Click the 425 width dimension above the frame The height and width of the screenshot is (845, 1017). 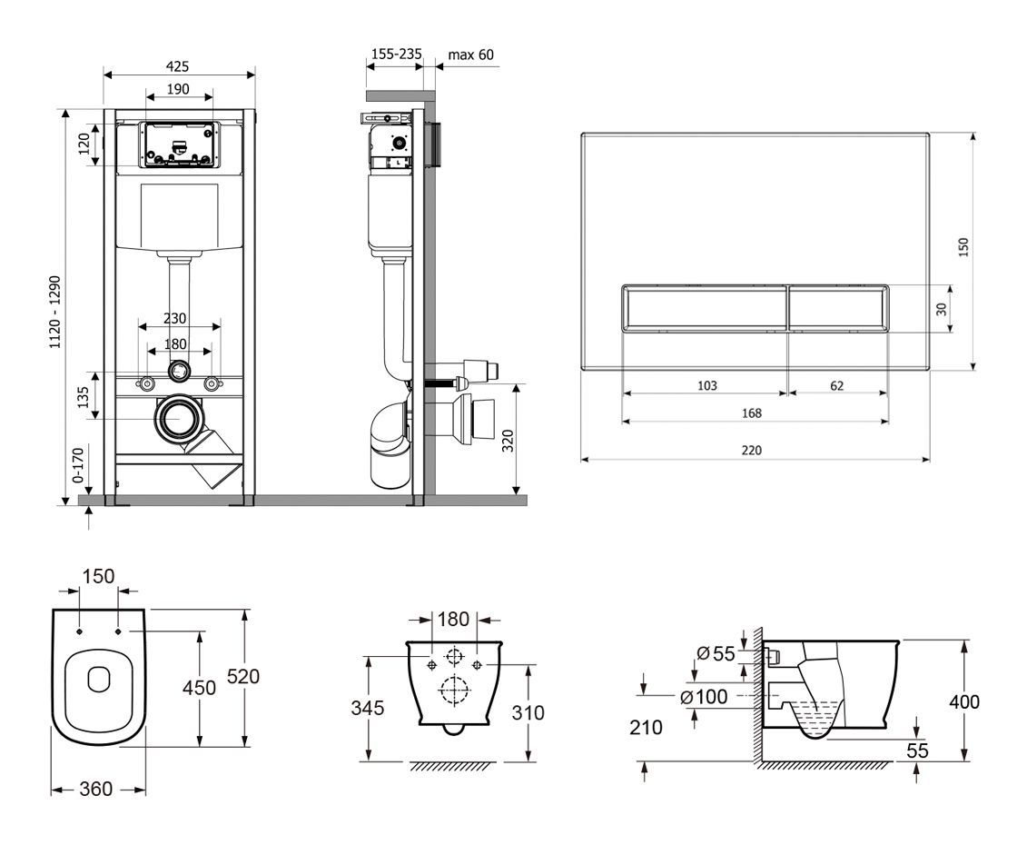[178, 66]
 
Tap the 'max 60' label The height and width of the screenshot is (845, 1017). [471, 55]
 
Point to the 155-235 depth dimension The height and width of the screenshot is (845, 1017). [396, 55]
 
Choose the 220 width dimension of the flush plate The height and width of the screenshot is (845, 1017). [751, 450]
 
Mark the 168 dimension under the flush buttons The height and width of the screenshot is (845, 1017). [751, 413]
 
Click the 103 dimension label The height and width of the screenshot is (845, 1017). [706, 385]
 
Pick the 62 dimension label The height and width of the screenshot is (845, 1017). [836, 385]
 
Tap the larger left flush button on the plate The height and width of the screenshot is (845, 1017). [703, 309]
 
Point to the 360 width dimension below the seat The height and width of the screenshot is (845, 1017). [95, 789]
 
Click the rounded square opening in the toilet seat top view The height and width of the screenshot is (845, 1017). [98, 678]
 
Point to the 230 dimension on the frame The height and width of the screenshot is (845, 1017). [175, 318]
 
